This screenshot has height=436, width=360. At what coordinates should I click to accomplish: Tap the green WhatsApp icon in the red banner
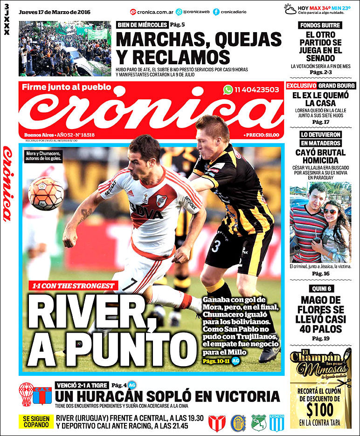228,90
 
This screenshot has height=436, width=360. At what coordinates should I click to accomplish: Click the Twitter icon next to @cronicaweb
179,12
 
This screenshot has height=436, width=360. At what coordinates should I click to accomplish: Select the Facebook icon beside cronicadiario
216,12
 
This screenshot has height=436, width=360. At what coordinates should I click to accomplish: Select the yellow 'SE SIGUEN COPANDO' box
36,421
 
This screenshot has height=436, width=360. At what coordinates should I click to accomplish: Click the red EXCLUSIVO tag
301,86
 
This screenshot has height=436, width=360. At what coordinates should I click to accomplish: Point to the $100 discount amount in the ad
320,409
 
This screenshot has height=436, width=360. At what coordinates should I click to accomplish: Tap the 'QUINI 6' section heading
320,288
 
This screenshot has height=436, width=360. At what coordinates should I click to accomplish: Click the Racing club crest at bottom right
277,422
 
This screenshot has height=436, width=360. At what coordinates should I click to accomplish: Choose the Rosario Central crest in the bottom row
239,422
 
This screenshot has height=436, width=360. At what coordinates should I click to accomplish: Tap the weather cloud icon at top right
291,9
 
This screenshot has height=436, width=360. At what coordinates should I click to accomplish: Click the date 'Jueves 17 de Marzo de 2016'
55,12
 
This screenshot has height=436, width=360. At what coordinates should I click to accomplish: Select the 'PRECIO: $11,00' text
262,135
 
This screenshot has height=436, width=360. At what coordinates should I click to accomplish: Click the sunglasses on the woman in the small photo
329,211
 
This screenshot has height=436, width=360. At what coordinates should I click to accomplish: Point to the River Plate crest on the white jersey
162,201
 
